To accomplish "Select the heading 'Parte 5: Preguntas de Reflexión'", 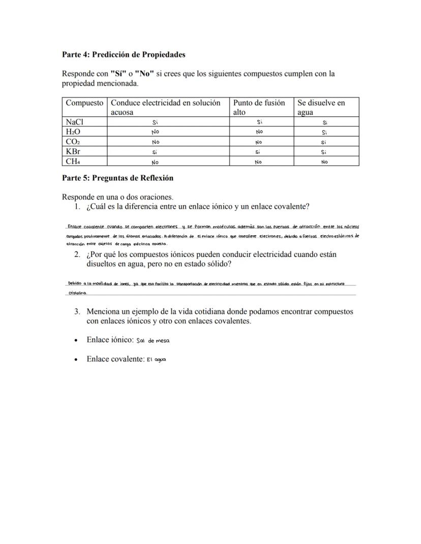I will (117, 178).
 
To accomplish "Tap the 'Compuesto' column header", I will (84, 103).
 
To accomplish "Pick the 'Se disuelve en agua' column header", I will (321, 107).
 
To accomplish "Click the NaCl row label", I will (74, 122).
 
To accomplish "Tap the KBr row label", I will (73, 152).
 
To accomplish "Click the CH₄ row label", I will (73, 162).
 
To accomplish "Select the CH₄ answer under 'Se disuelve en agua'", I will (324, 162).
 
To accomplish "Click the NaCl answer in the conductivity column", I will (156, 122).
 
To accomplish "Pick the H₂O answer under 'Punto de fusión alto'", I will (259, 132).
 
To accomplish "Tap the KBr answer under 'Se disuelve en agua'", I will (324, 152).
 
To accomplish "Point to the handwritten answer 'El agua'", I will (157, 360).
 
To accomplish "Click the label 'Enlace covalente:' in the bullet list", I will (115, 359).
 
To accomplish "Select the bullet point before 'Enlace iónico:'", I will (76, 340).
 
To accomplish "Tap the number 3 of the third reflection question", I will (77, 311).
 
